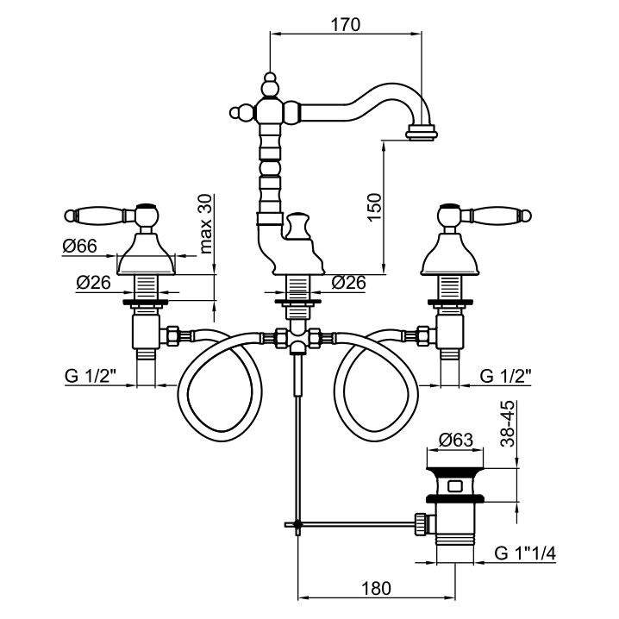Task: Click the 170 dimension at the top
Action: coord(346,24)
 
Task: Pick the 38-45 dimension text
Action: coord(509,422)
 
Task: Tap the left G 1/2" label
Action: coord(90,376)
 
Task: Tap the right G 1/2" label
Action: coord(505,376)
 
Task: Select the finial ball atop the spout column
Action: coord(270,82)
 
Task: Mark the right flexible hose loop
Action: coord(376,392)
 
